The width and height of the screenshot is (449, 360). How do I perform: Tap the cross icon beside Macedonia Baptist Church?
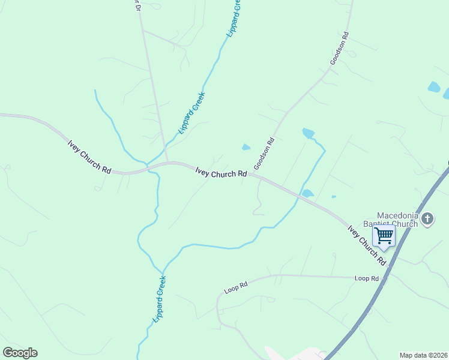[x=427, y=218]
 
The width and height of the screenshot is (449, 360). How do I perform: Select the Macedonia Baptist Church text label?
[x=397, y=220]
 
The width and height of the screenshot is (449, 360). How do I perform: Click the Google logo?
[x=20, y=353]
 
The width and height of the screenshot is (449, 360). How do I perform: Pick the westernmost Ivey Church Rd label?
[x=89, y=157]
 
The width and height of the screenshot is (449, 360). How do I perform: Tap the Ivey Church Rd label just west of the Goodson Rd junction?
[x=221, y=172]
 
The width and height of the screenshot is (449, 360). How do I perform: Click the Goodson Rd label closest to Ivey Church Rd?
[x=264, y=154]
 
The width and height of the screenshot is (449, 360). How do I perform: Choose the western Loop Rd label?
[x=236, y=288]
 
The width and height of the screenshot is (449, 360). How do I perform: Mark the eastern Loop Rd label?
[x=366, y=278]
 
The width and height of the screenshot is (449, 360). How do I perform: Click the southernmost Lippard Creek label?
[x=159, y=299]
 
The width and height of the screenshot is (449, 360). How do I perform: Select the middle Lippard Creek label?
[x=192, y=112]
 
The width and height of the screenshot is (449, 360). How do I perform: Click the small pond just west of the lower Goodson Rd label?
[x=246, y=147]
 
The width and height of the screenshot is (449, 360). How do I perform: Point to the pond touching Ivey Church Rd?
[x=307, y=193]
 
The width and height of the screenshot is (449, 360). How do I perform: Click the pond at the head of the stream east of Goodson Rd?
[x=309, y=133]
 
